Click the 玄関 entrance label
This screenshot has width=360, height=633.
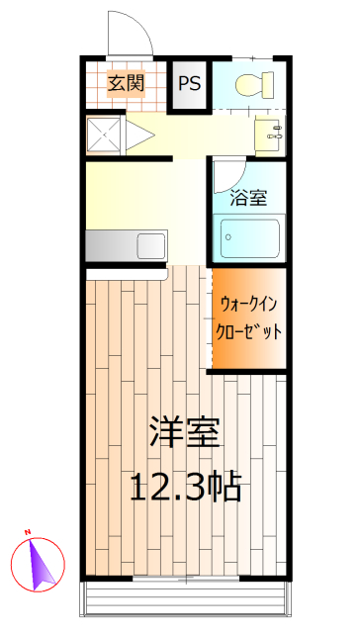coord(126,83)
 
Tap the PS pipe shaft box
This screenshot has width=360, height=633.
coord(189,83)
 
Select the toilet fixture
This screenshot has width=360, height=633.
coord(254,85)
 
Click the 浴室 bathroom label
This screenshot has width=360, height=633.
coord(248,197)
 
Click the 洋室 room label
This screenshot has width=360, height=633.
coord(185,432)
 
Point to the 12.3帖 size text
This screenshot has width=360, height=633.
coord(187,486)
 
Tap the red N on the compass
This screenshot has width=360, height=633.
coord(30,535)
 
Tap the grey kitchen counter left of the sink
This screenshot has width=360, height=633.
coord(109,243)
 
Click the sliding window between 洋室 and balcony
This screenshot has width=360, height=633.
coord(184,578)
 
